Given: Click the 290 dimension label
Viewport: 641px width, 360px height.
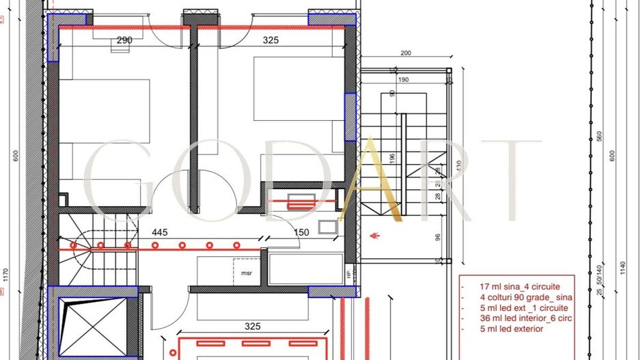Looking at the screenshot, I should tap(124, 40).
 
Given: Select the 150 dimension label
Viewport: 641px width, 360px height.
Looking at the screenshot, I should tap(301, 232).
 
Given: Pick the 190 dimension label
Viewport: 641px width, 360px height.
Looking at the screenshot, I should tap(403, 80).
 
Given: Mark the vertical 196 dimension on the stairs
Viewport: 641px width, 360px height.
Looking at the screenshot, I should tap(392, 158).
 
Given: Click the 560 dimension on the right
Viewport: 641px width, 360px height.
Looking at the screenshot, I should tap(599, 136).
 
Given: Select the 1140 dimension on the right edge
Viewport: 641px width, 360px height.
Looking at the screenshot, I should tap(622, 268).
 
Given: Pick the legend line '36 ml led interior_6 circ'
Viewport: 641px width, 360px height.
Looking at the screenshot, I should tap(517, 318).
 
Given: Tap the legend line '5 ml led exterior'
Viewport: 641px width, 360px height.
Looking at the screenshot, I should tap(502, 329).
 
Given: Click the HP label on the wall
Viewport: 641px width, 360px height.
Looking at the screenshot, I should tap(349, 275).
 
